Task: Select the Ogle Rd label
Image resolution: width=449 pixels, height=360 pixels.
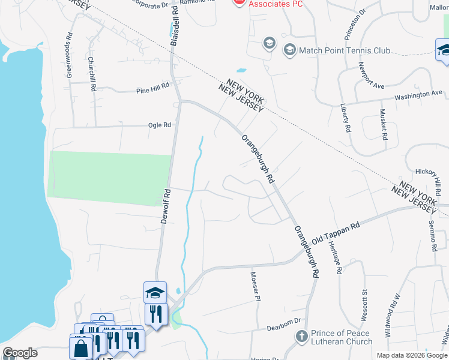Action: pos(160,125)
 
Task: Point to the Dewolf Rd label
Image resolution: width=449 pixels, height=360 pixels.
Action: pos(166,206)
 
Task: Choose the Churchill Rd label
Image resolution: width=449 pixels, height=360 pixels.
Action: pos(92,74)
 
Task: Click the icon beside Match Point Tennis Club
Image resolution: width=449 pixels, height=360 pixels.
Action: pos(290,50)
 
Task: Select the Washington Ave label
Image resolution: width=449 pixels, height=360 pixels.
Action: pos(418,94)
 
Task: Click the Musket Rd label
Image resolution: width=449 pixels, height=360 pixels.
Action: pos(383,124)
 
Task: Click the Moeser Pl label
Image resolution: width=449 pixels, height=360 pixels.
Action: pos(256,285)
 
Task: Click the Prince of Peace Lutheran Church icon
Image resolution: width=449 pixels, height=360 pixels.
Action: pos(302,337)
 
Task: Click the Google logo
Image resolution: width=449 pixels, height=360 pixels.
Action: pos(20,353)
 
